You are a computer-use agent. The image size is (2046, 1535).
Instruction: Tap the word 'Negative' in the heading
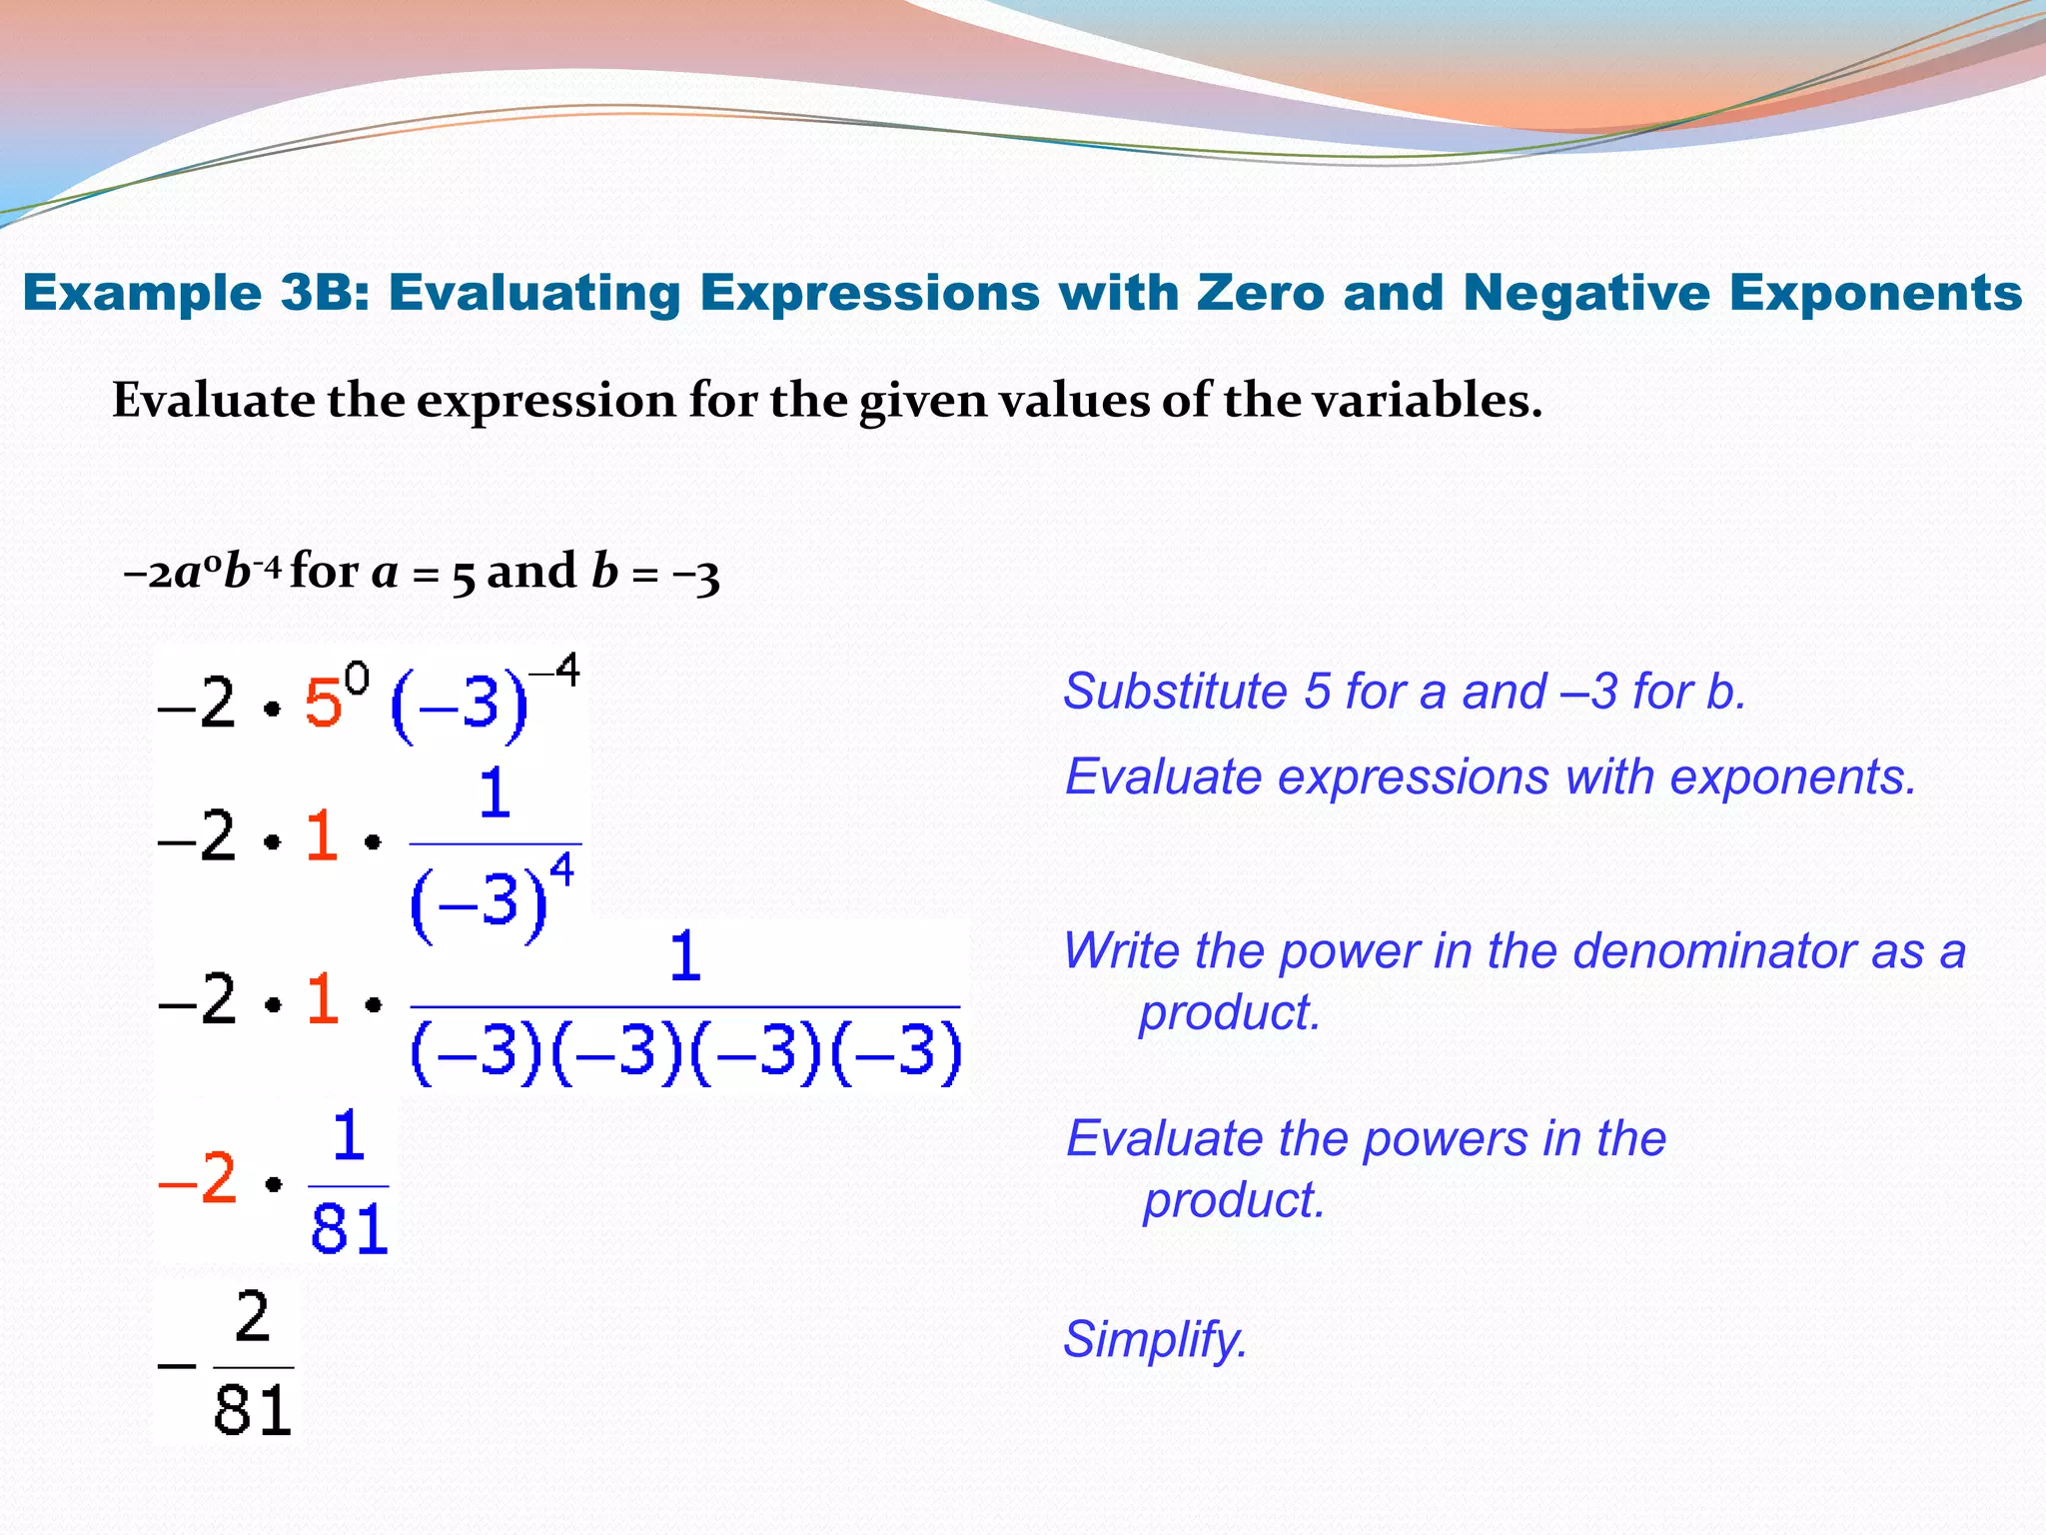(x=1586, y=293)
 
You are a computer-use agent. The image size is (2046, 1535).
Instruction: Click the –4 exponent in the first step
(x=554, y=671)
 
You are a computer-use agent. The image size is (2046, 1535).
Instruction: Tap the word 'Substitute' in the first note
(x=1175, y=692)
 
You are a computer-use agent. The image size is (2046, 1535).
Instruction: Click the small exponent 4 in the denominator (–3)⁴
(x=562, y=869)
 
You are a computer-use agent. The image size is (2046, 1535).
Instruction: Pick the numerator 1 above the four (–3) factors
(x=684, y=956)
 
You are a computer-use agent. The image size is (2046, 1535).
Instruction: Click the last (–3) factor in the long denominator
(x=896, y=1052)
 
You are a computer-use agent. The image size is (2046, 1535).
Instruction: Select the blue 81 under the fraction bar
(x=349, y=1229)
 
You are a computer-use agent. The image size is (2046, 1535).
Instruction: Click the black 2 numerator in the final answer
(x=253, y=1317)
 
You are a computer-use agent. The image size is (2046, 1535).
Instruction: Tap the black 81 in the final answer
(x=253, y=1410)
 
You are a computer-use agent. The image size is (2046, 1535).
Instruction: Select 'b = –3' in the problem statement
(x=654, y=574)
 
